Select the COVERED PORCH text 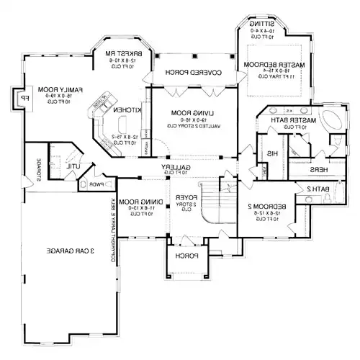coord(192,73)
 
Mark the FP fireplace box coord(24,99)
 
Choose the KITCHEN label coord(123,109)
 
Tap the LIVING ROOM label coord(192,113)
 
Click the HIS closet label coord(272,154)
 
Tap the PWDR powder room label coord(96,184)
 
